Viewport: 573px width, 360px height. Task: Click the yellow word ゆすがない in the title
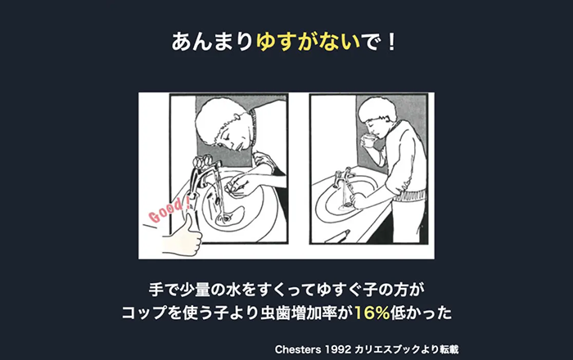[308, 42]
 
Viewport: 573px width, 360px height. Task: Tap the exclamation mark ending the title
[391, 42]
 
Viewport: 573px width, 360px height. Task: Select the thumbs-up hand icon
[183, 236]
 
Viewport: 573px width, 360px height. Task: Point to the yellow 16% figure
[372, 313]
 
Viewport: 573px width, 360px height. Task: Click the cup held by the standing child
[369, 141]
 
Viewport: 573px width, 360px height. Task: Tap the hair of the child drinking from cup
[377, 109]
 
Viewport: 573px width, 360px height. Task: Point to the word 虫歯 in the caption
[275, 313]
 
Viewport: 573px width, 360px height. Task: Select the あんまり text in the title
[212, 42]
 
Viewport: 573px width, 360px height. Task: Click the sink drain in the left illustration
[225, 218]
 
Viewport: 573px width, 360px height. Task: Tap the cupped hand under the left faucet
[237, 183]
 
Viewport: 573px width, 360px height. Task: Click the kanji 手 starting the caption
[156, 290]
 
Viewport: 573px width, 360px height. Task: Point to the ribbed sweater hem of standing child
[410, 196]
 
